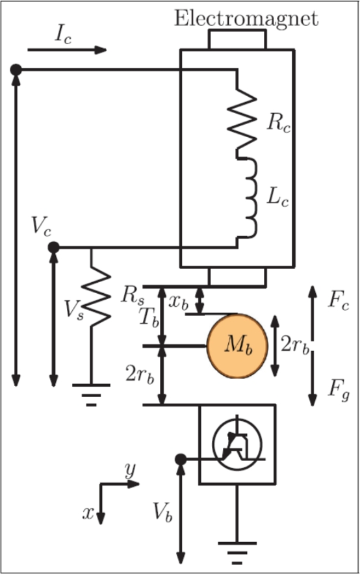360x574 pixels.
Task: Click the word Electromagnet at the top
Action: click(x=246, y=18)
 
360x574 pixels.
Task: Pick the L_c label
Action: click(x=281, y=196)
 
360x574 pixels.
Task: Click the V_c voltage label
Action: click(x=40, y=227)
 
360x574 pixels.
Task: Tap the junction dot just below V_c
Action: click(x=54, y=247)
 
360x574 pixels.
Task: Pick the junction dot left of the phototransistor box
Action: click(x=181, y=460)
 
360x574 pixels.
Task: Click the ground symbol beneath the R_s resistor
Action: click(x=91, y=393)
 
